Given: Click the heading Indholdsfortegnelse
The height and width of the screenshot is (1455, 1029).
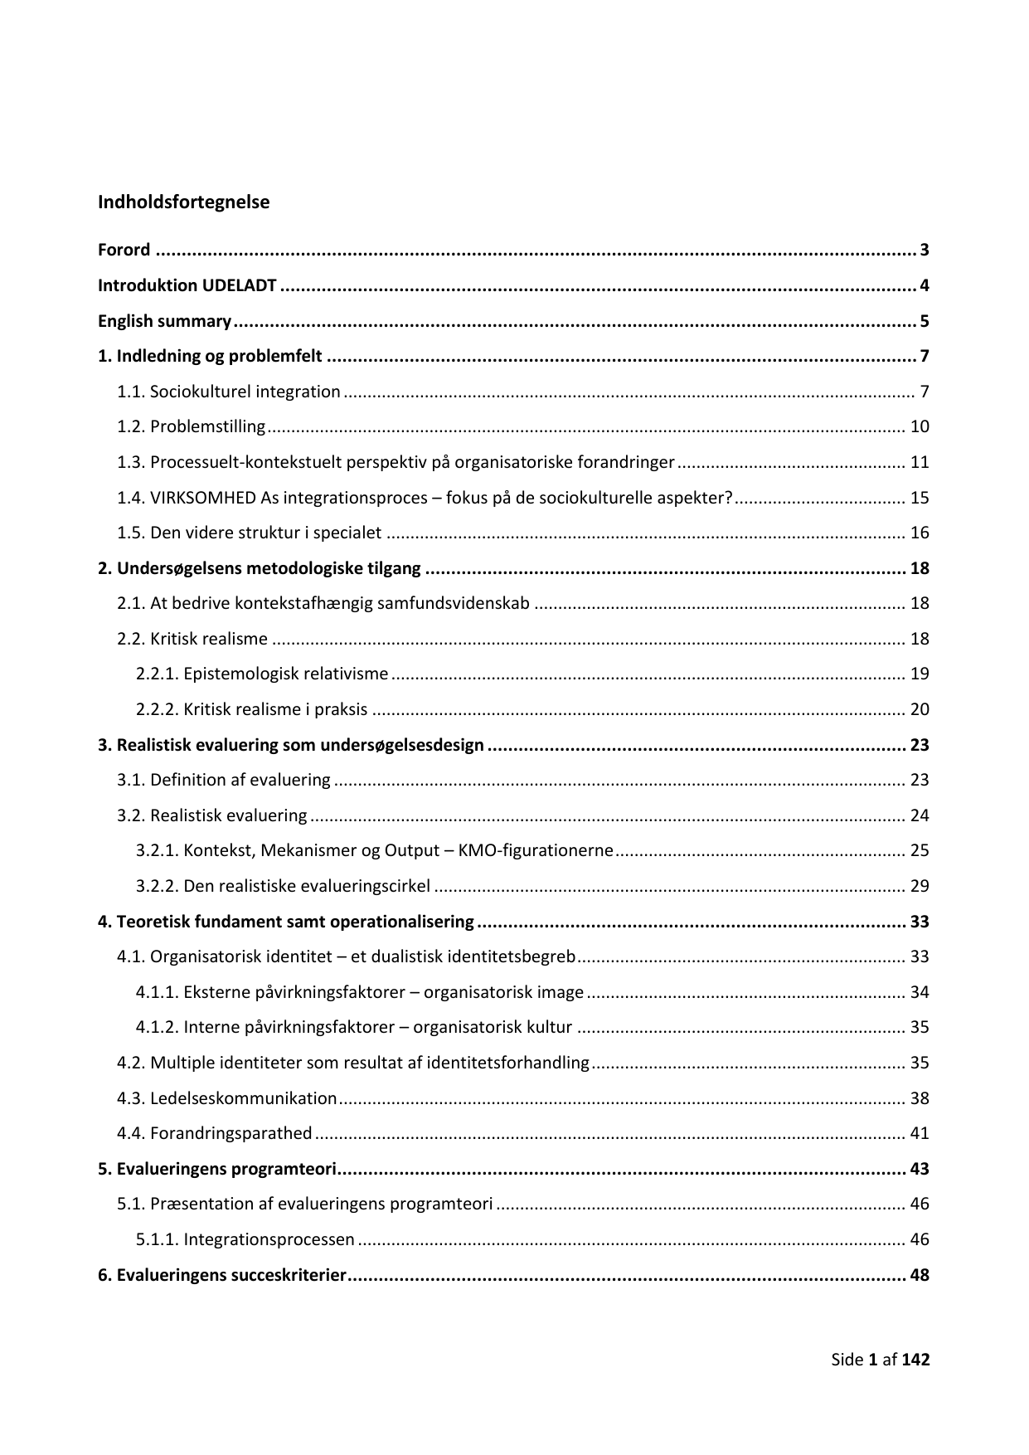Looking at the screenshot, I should click(183, 202).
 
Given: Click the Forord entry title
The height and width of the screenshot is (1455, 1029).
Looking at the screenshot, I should click(124, 251).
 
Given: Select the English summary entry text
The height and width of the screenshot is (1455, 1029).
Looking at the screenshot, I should click(164, 321).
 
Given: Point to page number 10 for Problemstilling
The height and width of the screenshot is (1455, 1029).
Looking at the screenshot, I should click(920, 427).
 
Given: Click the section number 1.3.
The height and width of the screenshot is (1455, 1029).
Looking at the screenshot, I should click(131, 463).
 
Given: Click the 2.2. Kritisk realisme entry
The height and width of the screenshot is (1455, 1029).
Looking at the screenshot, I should click(192, 639).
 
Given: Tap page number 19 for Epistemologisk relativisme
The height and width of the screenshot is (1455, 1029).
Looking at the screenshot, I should click(920, 674).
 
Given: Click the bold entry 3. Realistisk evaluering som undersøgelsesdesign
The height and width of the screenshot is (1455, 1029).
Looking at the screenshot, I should click(291, 745).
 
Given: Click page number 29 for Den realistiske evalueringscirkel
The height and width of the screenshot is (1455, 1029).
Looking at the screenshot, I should click(920, 887).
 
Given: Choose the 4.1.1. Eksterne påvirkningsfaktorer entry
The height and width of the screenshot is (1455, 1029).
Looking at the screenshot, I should click(360, 993).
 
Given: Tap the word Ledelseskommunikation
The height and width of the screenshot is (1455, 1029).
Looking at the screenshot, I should click(244, 1099).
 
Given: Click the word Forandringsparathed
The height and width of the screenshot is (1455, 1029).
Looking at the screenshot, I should click(231, 1134).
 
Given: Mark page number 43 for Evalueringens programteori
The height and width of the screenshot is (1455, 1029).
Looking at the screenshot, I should click(920, 1170).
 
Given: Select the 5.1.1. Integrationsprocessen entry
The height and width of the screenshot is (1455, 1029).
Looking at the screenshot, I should click(245, 1240).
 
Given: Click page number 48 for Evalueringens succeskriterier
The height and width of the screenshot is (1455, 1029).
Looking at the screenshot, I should click(920, 1276).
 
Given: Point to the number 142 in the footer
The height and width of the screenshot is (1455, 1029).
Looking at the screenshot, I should click(916, 1360).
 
